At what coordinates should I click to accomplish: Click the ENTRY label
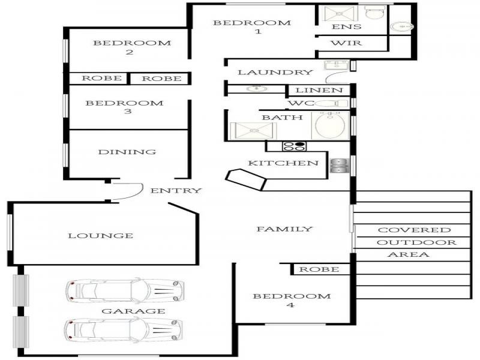point(176,191)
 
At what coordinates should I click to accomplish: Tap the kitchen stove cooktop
point(294,146)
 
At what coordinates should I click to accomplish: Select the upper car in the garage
point(125,290)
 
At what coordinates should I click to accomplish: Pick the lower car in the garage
point(124,329)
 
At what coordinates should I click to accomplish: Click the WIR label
point(346,43)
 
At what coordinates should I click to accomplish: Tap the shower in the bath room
point(253,131)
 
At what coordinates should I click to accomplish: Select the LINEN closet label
point(319,91)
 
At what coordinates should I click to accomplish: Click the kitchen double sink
point(339,166)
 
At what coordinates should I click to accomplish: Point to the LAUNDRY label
point(275,73)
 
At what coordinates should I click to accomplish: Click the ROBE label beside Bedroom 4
point(319,269)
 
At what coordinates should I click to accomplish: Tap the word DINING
point(127,152)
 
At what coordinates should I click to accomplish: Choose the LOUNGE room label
point(101,236)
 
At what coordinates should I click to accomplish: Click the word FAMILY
point(284,229)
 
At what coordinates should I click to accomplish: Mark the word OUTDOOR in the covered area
point(416,242)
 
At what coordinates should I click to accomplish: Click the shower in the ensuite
point(339,13)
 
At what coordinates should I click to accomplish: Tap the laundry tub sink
point(336,65)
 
